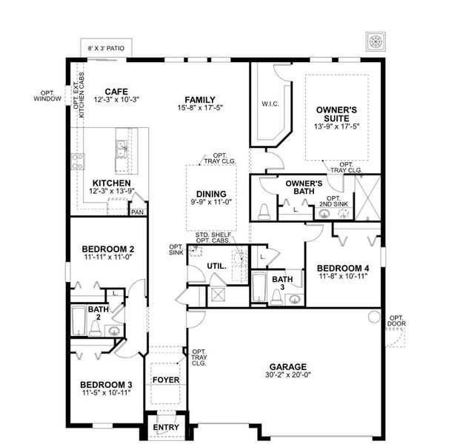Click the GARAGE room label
click(288, 366)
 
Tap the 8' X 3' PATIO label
click(105, 48)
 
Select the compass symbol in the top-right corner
click(375, 40)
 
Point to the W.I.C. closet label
click(270, 104)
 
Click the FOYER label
click(166, 380)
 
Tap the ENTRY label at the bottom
click(165, 428)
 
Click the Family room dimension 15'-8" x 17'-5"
click(199, 108)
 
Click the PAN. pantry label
click(137, 212)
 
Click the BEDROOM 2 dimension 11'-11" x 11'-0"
click(107, 257)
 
